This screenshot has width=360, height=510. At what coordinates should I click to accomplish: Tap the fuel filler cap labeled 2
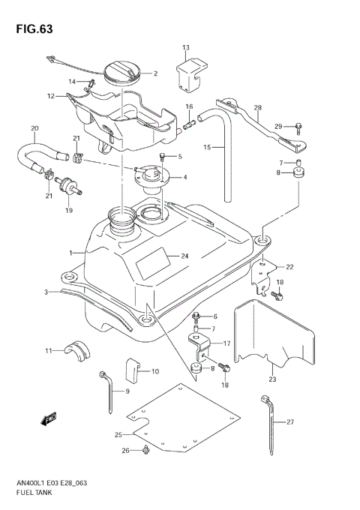[x=120, y=73]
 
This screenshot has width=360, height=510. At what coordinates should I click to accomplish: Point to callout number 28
[x=257, y=108]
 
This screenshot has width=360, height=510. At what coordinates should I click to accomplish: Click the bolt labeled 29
[x=298, y=125]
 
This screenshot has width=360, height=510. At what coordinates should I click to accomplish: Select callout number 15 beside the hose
[x=207, y=148]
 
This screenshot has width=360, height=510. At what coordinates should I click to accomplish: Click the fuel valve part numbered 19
[x=69, y=185]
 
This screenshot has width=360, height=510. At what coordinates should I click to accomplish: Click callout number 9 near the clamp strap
[x=127, y=391]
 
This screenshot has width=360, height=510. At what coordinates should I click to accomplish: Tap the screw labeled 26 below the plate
[x=145, y=450]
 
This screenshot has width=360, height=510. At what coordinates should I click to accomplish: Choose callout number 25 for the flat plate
[x=118, y=434]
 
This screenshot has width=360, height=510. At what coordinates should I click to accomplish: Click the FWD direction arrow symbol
[x=50, y=419]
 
